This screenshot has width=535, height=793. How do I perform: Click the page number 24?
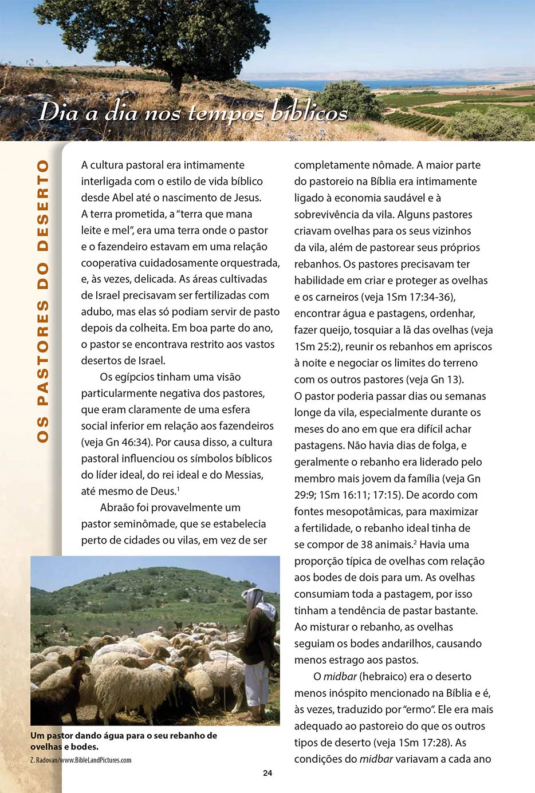coord(267,773)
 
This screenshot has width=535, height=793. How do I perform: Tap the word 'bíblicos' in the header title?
coord(309,112)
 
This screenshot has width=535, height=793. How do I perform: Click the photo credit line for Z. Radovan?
coord(81,760)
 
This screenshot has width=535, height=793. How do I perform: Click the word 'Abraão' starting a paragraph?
coord(117,507)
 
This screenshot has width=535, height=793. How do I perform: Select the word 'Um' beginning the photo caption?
coord(37,736)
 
